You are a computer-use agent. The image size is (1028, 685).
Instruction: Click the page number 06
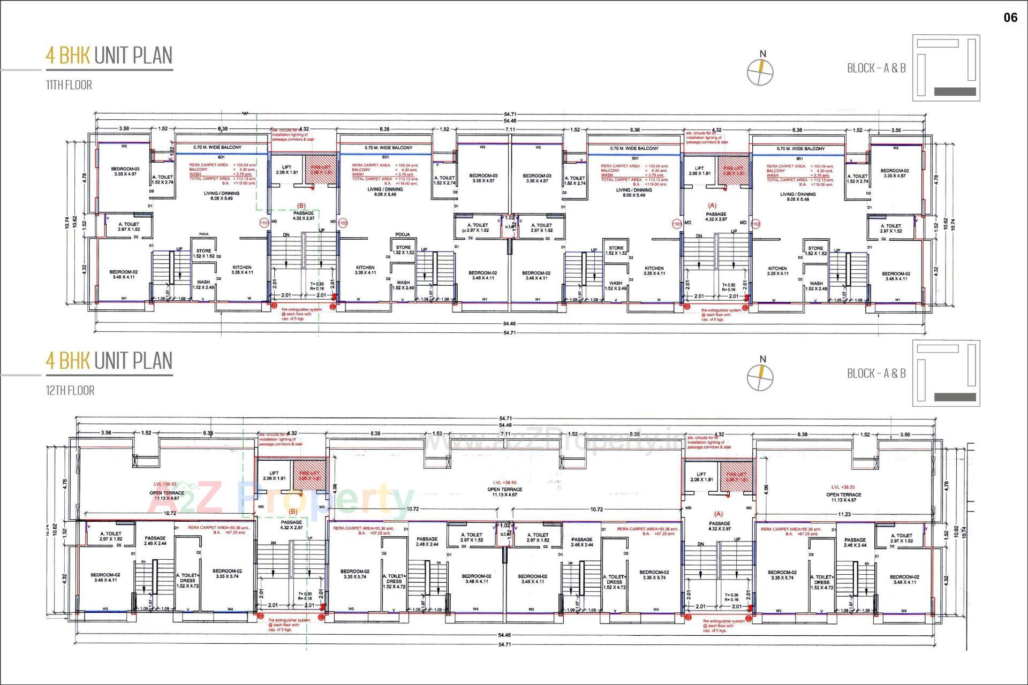point(1010,18)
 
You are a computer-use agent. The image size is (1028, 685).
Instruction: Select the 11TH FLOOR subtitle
point(69,85)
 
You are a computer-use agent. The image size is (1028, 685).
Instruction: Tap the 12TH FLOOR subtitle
point(70,391)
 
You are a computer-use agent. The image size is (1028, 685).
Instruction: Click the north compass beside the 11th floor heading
point(760,71)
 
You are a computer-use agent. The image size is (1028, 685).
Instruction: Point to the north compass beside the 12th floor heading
point(760,376)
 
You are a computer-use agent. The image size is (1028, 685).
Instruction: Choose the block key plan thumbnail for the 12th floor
point(946,373)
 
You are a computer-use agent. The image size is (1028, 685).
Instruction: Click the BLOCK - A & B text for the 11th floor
point(876,68)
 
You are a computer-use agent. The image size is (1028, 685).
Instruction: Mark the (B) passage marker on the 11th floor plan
point(301,205)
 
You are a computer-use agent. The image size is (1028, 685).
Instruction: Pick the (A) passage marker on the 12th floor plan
point(719,514)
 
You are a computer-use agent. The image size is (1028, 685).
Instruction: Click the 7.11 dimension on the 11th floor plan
point(510,130)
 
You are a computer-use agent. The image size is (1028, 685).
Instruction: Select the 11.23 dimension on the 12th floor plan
point(844,514)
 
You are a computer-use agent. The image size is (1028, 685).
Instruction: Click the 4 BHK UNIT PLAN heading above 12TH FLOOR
point(109,361)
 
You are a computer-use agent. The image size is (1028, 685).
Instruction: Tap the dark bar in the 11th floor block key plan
point(955,92)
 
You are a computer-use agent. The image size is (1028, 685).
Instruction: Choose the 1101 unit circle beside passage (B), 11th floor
point(264,223)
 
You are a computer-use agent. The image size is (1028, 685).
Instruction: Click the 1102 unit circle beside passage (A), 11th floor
point(755,224)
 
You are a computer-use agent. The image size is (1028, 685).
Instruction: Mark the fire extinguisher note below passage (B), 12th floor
point(289,625)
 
